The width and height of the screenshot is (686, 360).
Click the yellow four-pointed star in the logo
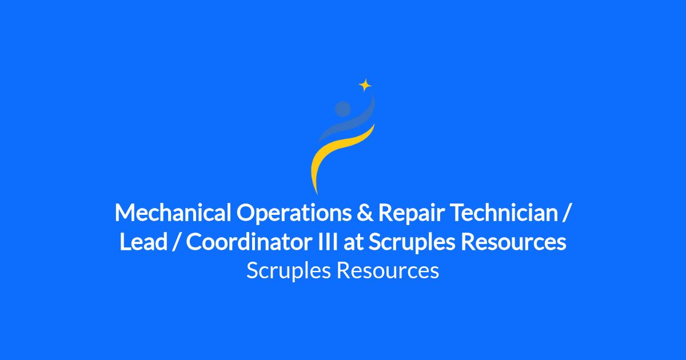365,85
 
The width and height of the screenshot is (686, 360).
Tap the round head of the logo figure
342,109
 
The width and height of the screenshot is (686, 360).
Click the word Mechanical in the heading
173,213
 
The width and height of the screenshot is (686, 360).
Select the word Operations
294,213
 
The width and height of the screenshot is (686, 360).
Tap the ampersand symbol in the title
365,213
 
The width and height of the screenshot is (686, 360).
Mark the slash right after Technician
566,213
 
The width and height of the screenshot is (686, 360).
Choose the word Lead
143,242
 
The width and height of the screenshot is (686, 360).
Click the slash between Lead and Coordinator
176,242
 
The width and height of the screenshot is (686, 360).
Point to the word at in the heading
353,242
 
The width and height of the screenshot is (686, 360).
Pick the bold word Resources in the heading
513,242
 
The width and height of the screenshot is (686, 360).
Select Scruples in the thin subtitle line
289,271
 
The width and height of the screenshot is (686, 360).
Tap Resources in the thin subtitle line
388,270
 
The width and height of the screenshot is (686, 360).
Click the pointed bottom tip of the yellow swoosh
317,194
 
